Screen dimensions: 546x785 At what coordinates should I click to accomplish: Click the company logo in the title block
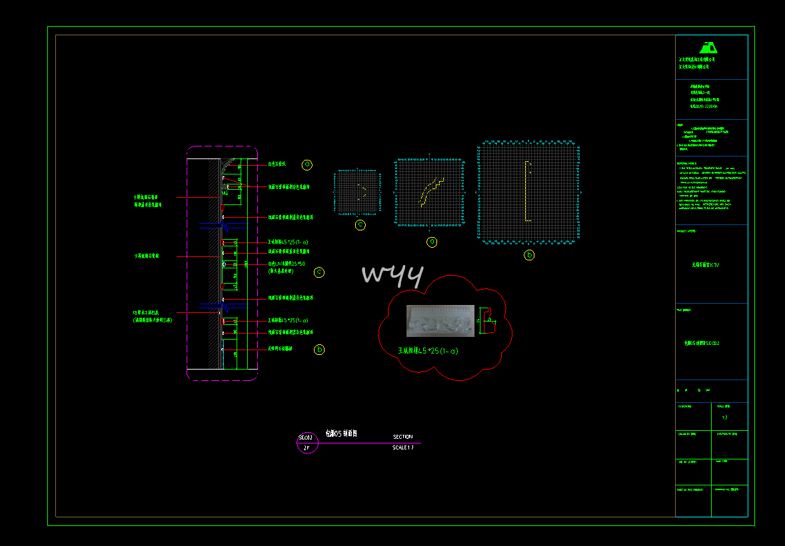point(708,47)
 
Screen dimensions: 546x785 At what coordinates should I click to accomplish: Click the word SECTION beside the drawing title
point(402,437)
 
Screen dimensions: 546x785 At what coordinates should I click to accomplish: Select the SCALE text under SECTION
point(403,447)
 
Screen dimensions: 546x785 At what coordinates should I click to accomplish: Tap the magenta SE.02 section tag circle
point(307,442)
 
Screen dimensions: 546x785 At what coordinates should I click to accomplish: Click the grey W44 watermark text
point(392,276)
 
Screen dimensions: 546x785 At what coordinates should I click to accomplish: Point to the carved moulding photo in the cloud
point(440,321)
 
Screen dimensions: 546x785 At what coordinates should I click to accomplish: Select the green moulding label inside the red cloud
point(428,351)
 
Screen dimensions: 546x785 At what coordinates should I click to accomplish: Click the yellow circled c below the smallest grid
point(361,225)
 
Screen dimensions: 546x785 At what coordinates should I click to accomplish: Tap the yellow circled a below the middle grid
point(432,242)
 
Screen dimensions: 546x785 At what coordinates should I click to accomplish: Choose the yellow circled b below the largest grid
point(529,254)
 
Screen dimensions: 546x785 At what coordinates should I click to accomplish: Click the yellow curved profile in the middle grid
point(431,191)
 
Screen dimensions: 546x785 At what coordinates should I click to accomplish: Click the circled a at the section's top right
point(307,164)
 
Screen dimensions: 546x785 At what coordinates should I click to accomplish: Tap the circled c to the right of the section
point(319,272)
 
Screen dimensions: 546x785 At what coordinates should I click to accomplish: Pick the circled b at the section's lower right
point(319,349)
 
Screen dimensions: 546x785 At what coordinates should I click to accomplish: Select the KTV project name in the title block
point(706,265)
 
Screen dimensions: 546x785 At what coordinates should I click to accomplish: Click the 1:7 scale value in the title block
point(725,417)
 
